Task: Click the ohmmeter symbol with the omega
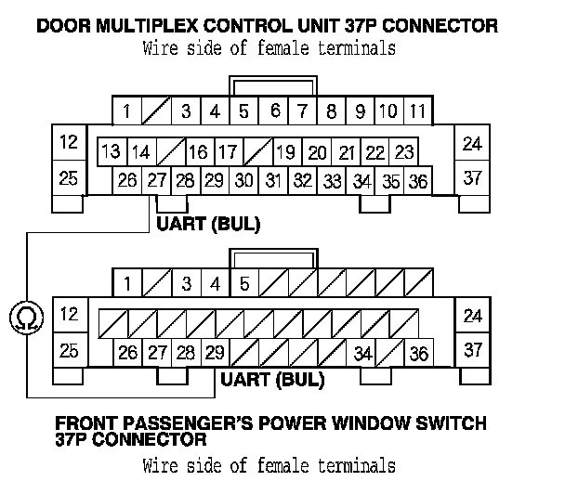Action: (21, 319)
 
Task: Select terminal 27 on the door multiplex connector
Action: (155, 180)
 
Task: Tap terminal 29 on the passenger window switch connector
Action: (214, 352)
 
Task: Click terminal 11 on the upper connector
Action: (417, 112)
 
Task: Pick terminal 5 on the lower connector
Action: (244, 282)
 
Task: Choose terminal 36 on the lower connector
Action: (418, 353)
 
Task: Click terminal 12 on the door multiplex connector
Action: (68, 143)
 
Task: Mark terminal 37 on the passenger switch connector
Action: (473, 349)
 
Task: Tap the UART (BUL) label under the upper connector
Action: (208, 224)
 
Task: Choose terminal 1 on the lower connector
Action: (127, 282)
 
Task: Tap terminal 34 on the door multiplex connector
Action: (361, 181)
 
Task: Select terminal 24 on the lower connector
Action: (473, 316)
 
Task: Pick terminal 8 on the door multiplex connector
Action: (331, 112)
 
